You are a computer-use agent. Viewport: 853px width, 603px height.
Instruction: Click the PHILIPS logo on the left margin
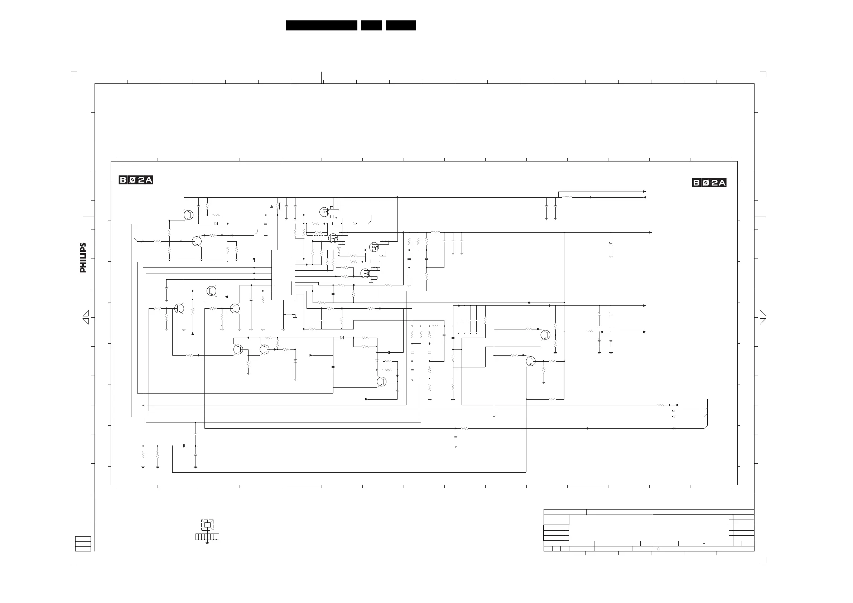[83, 257]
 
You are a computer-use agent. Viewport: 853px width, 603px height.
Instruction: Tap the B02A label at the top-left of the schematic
[136, 180]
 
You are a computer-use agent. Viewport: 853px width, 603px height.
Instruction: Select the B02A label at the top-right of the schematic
[709, 183]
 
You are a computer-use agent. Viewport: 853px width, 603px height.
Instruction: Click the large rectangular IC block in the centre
[283, 275]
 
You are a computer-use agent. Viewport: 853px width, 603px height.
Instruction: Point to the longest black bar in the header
[321, 25]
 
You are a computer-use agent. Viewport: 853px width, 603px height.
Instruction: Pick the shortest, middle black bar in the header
[371, 25]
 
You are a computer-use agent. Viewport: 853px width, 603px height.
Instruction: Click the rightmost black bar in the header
[400, 25]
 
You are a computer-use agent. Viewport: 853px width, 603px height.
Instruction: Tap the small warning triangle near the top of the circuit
[271, 206]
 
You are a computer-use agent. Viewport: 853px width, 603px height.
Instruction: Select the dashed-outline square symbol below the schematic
[207, 525]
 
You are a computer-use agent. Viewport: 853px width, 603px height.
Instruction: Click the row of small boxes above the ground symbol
[207, 537]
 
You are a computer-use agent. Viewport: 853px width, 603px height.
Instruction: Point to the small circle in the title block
[658, 549]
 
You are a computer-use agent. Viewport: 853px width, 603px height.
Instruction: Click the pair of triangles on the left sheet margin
[86, 317]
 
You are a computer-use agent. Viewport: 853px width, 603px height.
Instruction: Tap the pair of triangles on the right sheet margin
[763, 317]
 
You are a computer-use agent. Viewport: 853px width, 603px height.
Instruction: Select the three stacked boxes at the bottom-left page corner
[83, 544]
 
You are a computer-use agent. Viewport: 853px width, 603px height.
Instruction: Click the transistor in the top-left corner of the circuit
[188, 215]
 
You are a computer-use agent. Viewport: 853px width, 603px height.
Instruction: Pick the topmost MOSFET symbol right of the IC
[324, 212]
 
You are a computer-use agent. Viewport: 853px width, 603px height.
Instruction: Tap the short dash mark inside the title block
[704, 544]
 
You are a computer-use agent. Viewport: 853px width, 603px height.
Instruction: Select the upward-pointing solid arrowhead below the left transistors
[192, 333]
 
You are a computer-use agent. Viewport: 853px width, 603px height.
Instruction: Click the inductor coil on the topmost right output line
[567, 197]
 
